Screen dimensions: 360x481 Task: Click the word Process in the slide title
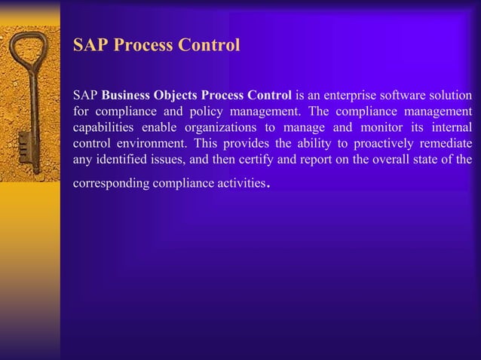pyautogui.click(x=141, y=45)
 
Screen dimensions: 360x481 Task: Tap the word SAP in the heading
pyautogui.click(x=88, y=45)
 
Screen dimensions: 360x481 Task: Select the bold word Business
pyautogui.click(x=128, y=96)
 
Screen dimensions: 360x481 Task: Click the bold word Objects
pyautogui.click(x=178, y=96)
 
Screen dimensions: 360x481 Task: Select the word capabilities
pyautogui.click(x=103, y=127)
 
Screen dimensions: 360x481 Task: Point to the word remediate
pyautogui.click(x=446, y=143)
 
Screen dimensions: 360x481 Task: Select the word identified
pyautogui.click(x=120, y=159)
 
